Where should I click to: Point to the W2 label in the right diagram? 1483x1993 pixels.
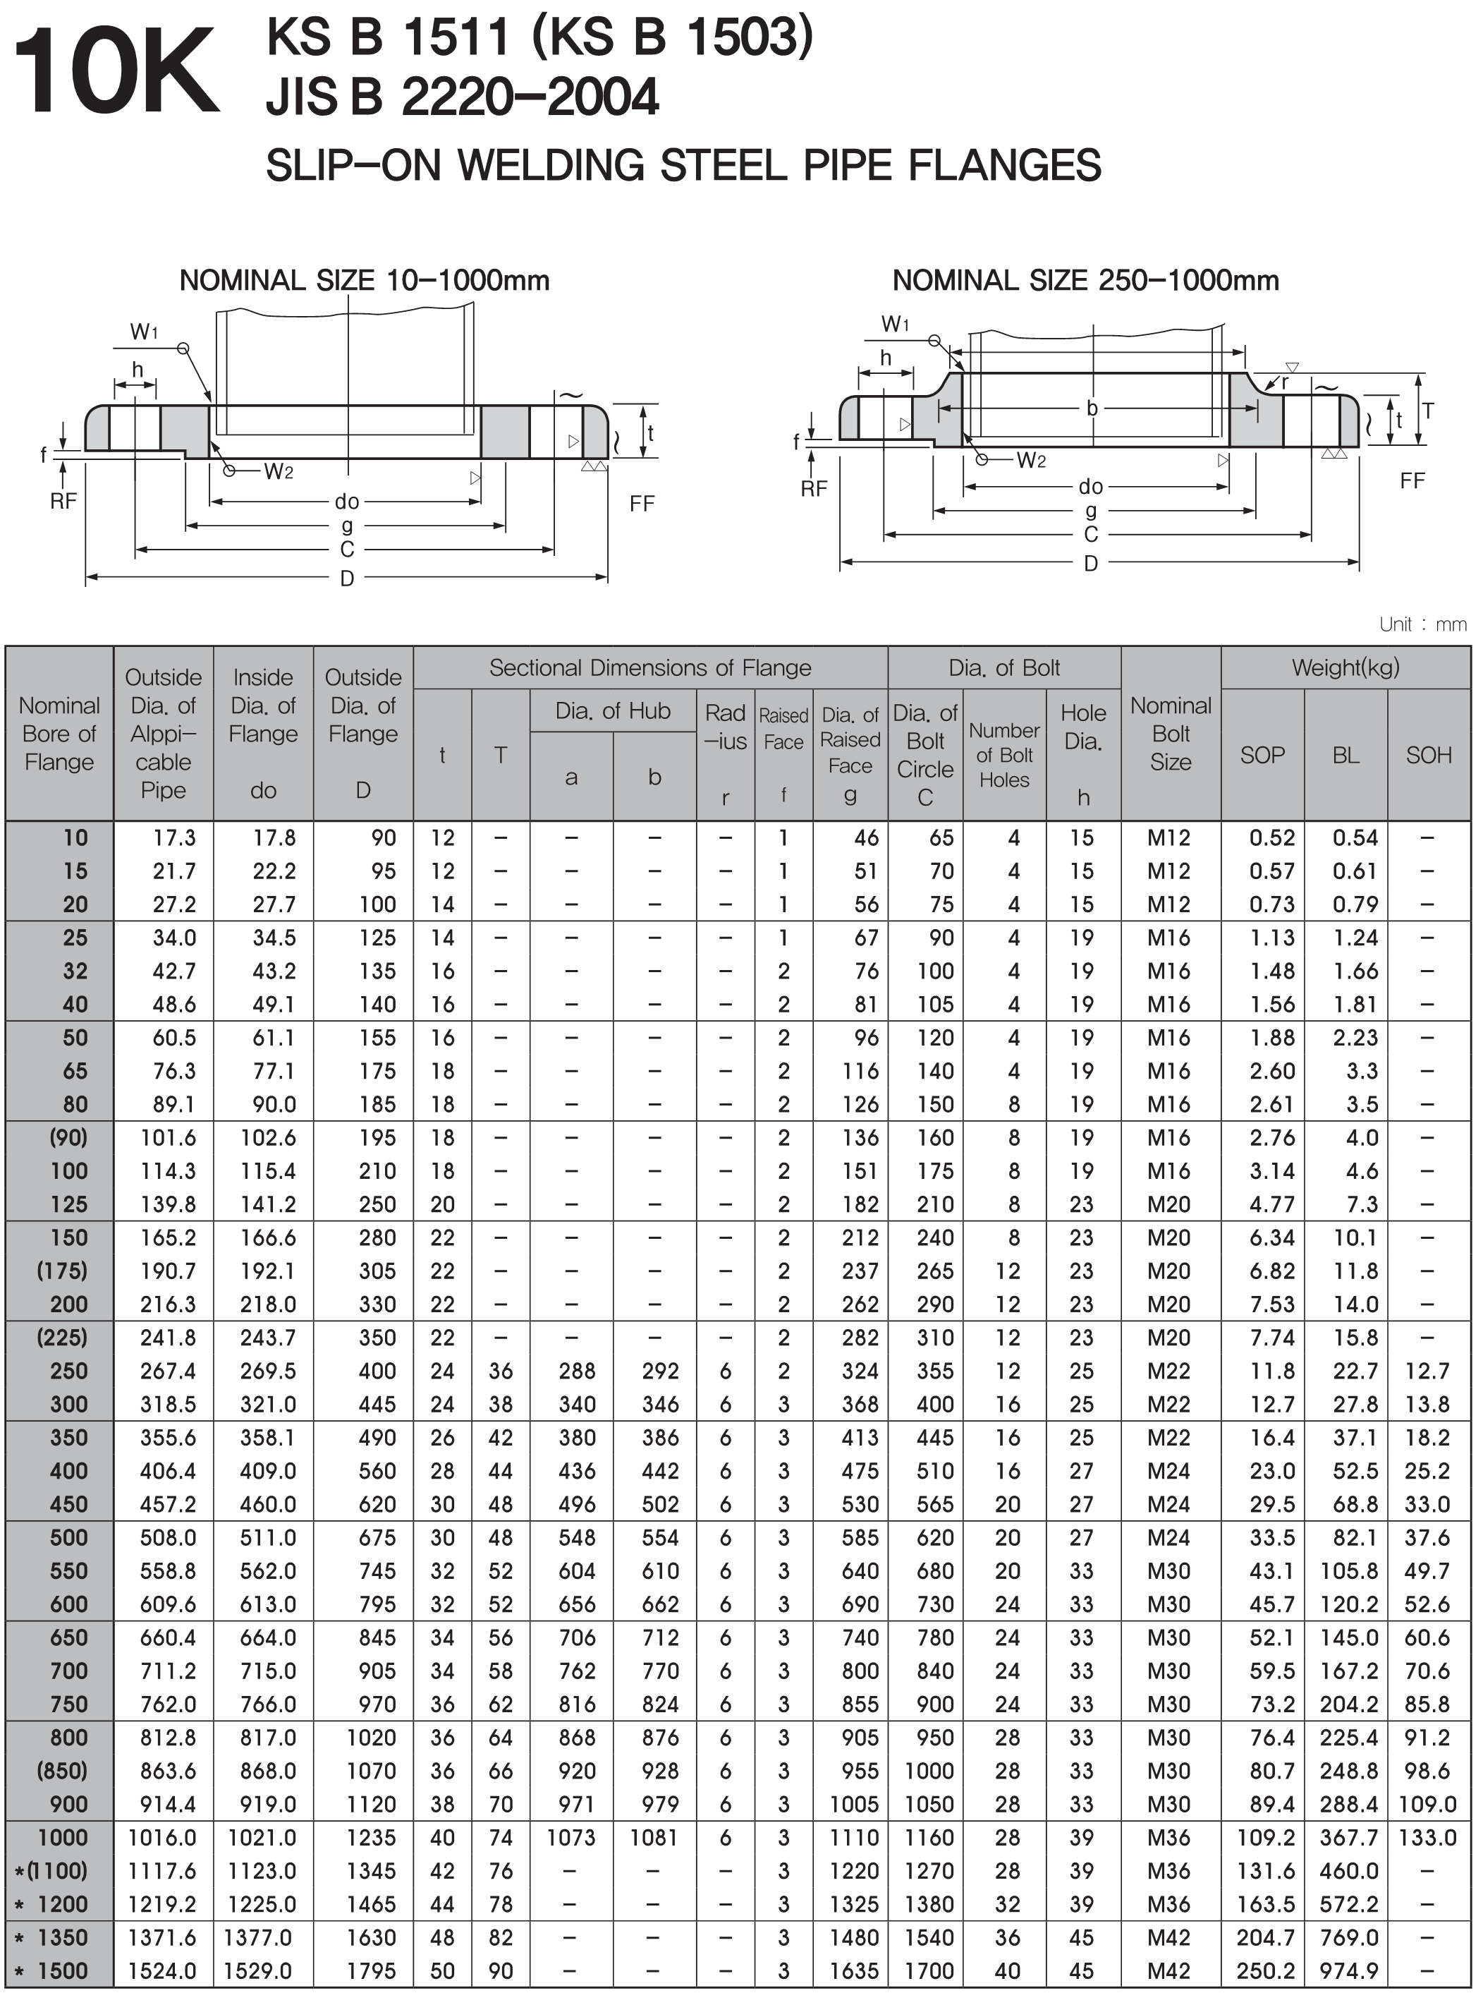coord(1030,461)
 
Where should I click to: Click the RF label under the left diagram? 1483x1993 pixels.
coord(63,501)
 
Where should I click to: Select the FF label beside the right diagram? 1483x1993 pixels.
coord(1412,481)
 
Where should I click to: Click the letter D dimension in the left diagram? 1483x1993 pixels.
coord(346,578)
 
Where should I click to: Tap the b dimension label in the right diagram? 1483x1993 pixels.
coord(1092,408)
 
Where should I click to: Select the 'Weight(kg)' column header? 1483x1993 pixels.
coord(1345,667)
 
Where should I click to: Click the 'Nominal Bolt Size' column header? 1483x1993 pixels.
coord(1171,733)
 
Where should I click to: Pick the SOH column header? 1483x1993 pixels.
coord(1428,756)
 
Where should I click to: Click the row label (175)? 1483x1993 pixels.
coord(63,1271)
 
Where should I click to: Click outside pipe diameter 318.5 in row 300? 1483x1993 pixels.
coord(168,1404)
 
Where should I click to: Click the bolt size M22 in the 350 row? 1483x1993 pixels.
coord(1168,1437)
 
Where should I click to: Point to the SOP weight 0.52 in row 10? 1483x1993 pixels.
coord(1272,838)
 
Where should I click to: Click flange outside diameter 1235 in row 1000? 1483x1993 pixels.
coord(371,1838)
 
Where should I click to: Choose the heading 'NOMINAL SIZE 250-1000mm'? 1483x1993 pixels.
coord(1085,281)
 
